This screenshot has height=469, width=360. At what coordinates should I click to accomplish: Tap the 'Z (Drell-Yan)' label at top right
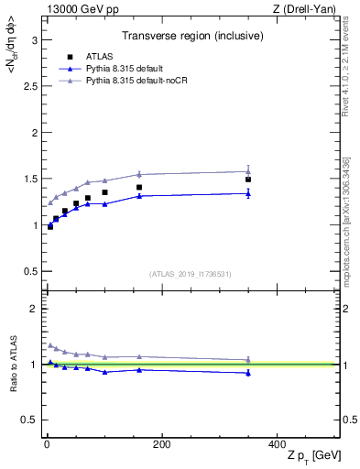pyautogui.click(x=309, y=8)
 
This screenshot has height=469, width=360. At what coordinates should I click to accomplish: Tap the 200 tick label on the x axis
pyautogui.click(x=161, y=444)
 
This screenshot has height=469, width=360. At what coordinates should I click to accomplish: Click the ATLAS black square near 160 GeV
pyautogui.click(x=139, y=188)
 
